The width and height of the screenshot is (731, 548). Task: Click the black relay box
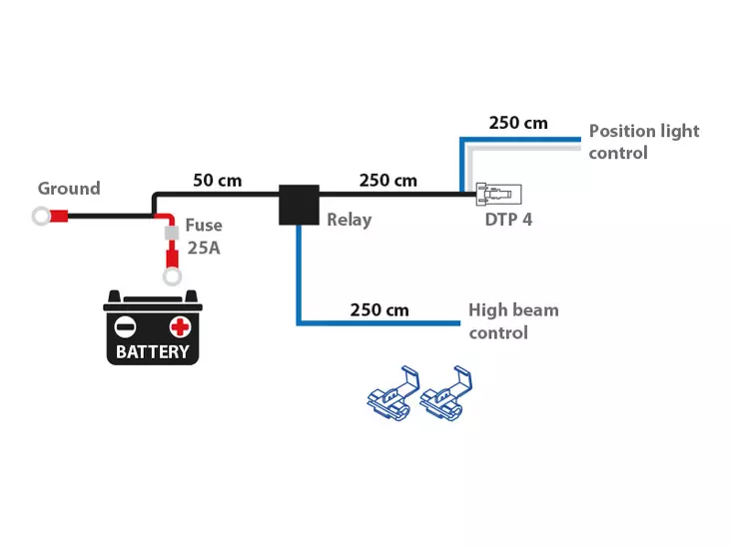pos(299,205)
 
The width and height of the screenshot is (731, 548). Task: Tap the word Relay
pos(349,220)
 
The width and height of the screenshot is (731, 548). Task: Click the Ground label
pos(69,188)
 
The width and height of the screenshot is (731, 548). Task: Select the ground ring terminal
pos(42,215)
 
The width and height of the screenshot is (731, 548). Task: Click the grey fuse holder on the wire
pos(171,233)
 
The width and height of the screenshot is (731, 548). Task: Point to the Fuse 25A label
pos(204,237)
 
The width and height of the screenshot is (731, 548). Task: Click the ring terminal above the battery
pos(172,274)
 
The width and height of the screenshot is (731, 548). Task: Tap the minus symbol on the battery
pos(126,326)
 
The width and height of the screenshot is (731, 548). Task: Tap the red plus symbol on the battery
pos(180,326)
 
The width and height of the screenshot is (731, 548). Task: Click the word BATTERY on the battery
pos(153,351)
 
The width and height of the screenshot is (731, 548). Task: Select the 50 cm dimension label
pos(217,181)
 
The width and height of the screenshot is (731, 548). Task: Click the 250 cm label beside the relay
pos(387,181)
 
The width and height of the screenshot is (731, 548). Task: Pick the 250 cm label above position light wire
pos(517,123)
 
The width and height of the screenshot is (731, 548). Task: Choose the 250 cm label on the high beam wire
pos(379,309)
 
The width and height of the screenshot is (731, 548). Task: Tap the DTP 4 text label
pos(508,219)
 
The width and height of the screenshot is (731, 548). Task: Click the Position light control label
pos(643,142)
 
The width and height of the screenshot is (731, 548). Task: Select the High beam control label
pos(513,320)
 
